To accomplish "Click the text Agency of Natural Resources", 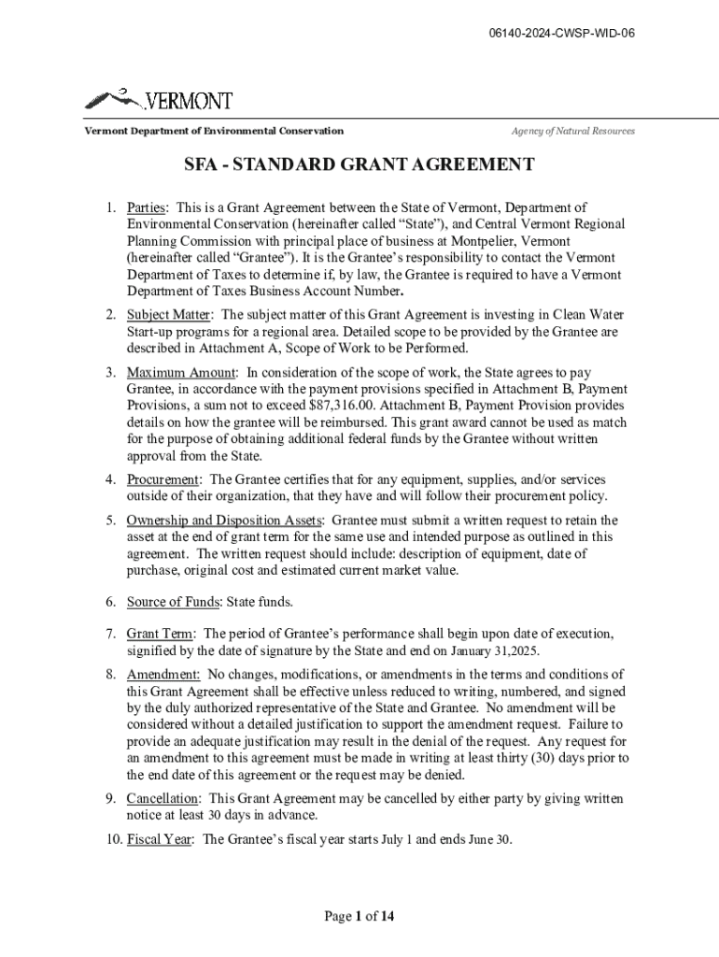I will (572, 131).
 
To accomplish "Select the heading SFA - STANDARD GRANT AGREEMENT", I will (359, 165).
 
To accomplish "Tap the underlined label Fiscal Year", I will (161, 839).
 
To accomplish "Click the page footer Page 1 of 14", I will (359, 917).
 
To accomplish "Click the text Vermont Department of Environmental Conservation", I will (215, 131).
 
